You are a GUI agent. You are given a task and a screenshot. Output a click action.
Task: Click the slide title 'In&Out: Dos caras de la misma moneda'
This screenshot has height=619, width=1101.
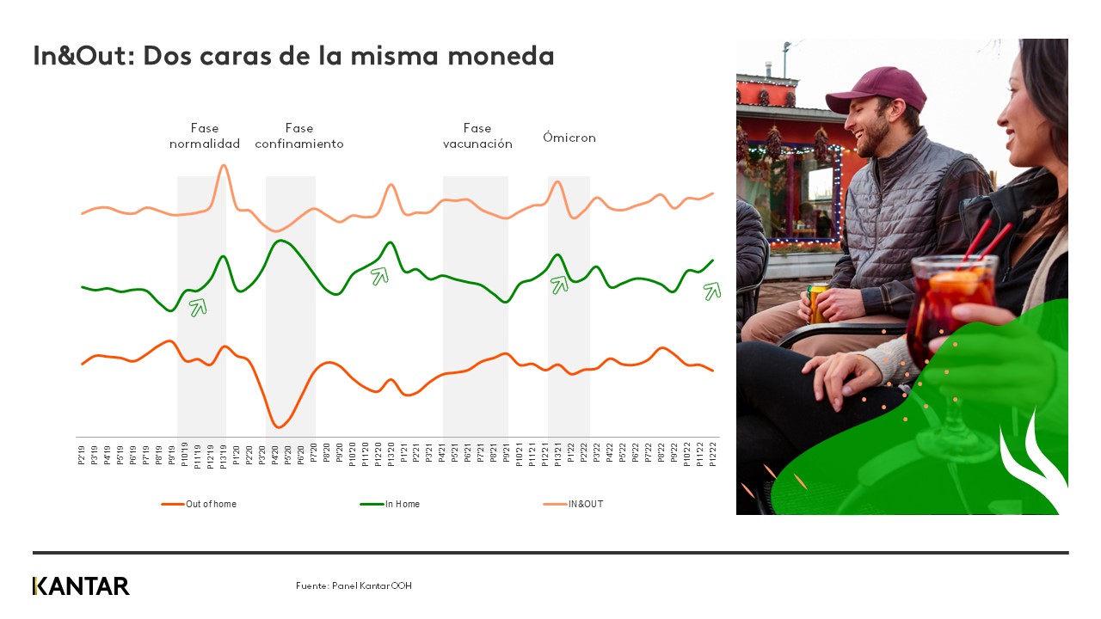(293, 57)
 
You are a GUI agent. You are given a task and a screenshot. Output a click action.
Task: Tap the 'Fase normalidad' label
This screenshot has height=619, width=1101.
(205, 136)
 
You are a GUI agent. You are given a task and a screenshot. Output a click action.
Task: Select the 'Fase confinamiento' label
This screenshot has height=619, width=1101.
(299, 136)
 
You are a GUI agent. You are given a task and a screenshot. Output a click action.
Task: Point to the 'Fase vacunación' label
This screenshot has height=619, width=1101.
(477, 136)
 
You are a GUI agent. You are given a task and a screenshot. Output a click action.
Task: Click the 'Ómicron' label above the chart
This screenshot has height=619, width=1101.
(569, 138)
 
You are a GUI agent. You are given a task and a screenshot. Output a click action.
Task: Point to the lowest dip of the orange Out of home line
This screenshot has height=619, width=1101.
(277, 426)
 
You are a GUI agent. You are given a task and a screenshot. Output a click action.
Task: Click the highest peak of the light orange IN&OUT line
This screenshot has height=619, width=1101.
(224, 165)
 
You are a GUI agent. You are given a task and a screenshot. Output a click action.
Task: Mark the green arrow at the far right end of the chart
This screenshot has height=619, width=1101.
(711, 291)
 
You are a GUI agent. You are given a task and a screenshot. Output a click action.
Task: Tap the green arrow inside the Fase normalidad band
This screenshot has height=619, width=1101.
(199, 307)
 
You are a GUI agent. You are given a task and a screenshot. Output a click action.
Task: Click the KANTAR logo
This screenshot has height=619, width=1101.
(81, 586)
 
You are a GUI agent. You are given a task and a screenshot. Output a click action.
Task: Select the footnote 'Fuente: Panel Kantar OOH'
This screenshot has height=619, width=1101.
(354, 586)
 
